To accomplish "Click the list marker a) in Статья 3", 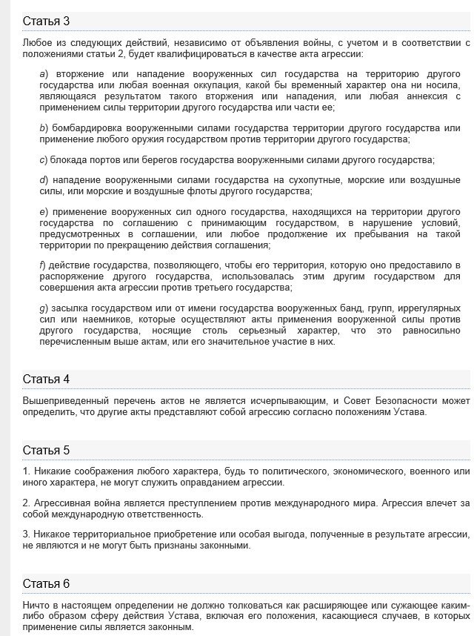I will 43,75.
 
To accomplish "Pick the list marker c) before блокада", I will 43,160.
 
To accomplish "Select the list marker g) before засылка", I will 43,308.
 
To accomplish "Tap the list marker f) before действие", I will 42,265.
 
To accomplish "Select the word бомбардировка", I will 84,128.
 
